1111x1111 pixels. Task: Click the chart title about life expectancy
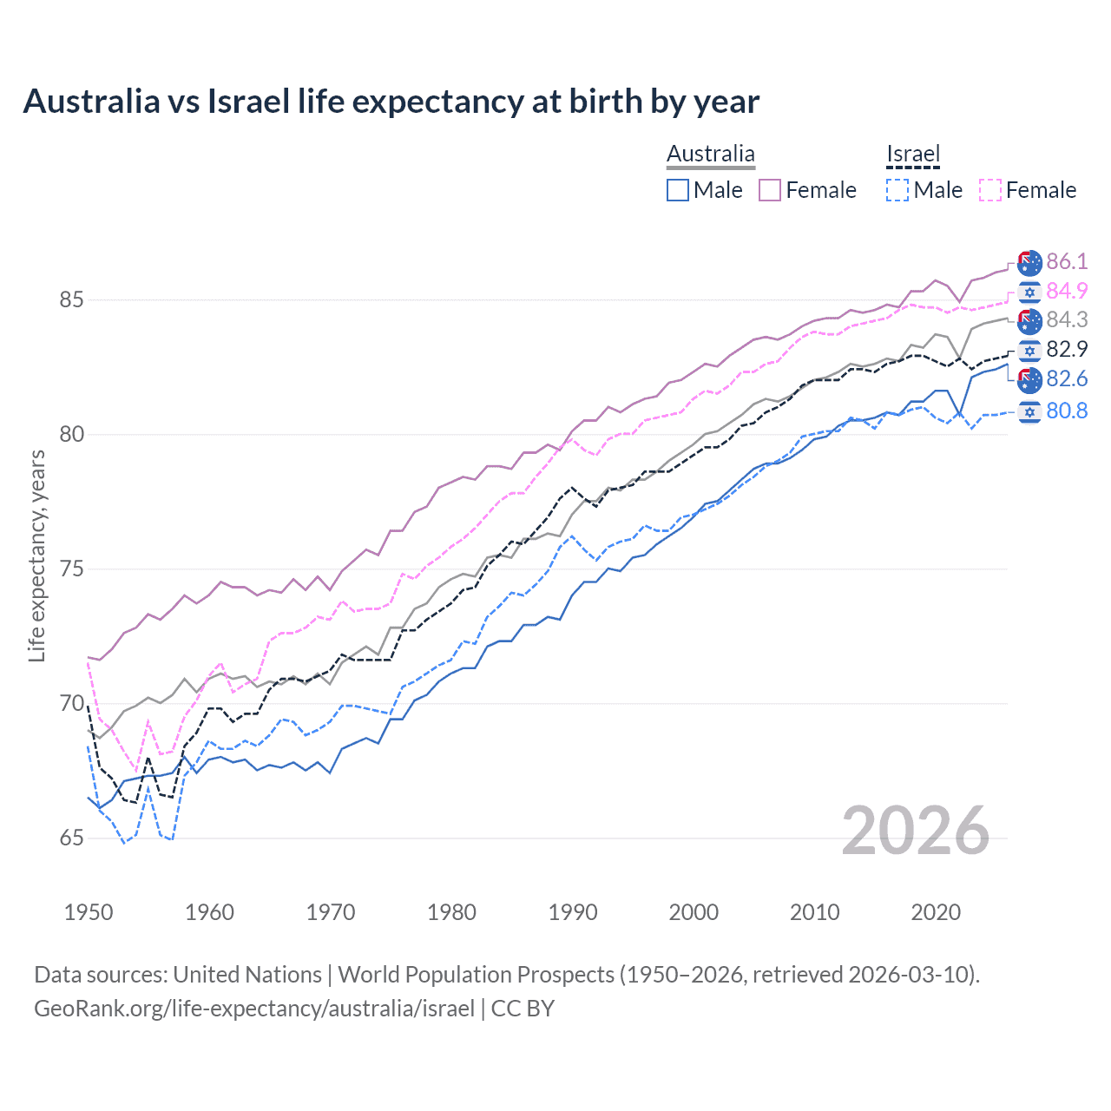pyautogui.click(x=391, y=102)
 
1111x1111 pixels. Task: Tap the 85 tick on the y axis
pyautogui.click(x=71, y=299)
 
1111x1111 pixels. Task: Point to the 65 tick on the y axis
pyautogui.click(x=71, y=838)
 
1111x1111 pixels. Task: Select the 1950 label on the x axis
pyautogui.click(x=89, y=912)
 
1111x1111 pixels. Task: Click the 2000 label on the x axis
pyautogui.click(x=694, y=912)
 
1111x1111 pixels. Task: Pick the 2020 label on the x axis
pyautogui.click(x=936, y=912)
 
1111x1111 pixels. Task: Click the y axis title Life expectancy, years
pyautogui.click(x=37, y=555)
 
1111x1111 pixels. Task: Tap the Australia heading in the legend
pyautogui.click(x=711, y=154)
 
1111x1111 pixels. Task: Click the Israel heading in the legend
pyautogui.click(x=913, y=154)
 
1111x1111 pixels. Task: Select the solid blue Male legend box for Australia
pyautogui.click(x=678, y=190)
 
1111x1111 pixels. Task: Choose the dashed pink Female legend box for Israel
pyautogui.click(x=990, y=190)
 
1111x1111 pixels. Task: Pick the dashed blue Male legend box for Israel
pyautogui.click(x=897, y=190)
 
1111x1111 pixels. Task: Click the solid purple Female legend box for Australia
pyautogui.click(x=770, y=190)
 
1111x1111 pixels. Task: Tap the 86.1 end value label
pyautogui.click(x=1067, y=261)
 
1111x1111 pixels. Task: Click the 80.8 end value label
pyautogui.click(x=1067, y=411)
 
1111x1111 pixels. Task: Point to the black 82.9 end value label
pyautogui.click(x=1067, y=349)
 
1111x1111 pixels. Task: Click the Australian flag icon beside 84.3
pyautogui.click(x=1029, y=320)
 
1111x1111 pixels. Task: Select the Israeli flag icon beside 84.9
pyautogui.click(x=1029, y=292)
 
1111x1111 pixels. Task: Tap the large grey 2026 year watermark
pyautogui.click(x=916, y=831)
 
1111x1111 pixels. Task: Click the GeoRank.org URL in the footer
pyautogui.click(x=254, y=1009)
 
